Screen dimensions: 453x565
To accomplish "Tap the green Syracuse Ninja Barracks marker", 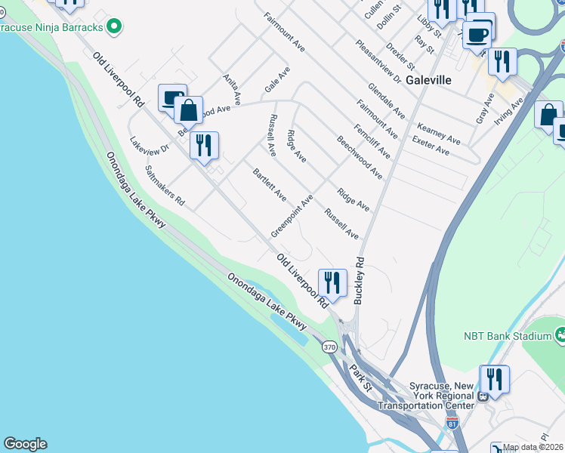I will [114, 27].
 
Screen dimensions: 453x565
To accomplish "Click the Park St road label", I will [360, 377].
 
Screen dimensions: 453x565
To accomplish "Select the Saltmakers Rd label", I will [165, 186].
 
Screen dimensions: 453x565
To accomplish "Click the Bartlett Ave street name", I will [270, 184].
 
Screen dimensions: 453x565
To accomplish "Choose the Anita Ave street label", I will [232, 89].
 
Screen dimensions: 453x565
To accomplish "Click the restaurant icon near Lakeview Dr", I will [204, 146].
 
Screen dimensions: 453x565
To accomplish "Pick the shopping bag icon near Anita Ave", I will [188, 110].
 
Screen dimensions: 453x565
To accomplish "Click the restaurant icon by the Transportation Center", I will [495, 379].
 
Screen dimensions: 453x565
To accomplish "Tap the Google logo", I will [25, 444].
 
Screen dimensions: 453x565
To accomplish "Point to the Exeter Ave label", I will [431, 146].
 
